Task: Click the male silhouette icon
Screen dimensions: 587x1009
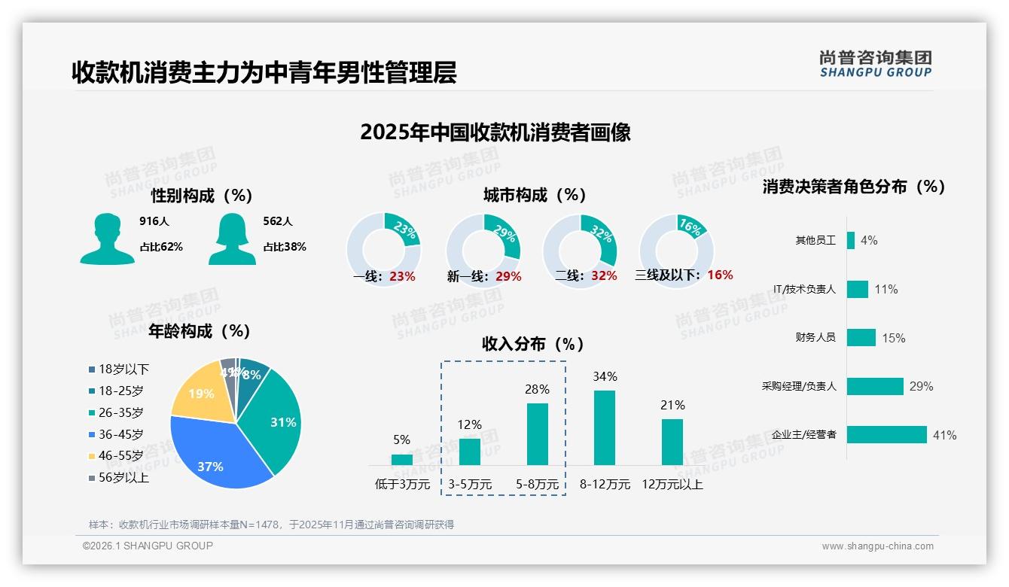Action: click(x=107, y=239)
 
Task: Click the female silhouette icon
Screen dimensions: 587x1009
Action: click(x=232, y=239)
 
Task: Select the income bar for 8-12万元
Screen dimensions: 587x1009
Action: click(x=604, y=427)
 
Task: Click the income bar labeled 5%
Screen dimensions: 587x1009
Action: click(x=401, y=459)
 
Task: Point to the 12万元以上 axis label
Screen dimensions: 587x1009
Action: click(x=672, y=485)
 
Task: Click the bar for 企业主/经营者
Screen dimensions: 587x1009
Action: click(x=886, y=435)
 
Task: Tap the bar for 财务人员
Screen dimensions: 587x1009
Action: click(x=861, y=337)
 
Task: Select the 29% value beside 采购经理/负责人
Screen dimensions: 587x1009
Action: click(x=921, y=386)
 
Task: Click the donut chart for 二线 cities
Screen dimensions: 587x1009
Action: click(x=580, y=240)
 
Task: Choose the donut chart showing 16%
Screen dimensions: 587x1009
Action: click(x=675, y=240)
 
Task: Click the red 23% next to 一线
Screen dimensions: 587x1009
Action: click(x=402, y=276)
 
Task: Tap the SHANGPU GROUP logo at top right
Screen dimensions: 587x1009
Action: click(x=875, y=64)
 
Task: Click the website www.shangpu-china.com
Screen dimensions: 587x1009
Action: click(x=877, y=546)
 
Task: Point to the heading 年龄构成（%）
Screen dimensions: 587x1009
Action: click(x=200, y=331)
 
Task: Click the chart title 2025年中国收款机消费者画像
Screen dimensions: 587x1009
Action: click(x=495, y=132)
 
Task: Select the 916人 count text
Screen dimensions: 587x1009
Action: click(x=154, y=221)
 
